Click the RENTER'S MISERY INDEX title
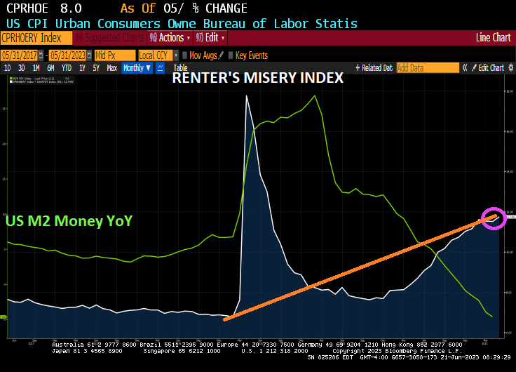pos(258,79)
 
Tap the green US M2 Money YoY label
pos(69,221)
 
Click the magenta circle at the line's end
pos(493,218)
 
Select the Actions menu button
pos(170,38)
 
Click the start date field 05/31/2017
pos(19,55)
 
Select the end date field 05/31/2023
pos(68,55)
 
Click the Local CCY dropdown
pos(157,55)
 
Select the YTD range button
pos(67,68)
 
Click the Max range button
pos(111,68)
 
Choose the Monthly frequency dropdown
pos(137,68)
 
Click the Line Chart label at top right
pos(493,38)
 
